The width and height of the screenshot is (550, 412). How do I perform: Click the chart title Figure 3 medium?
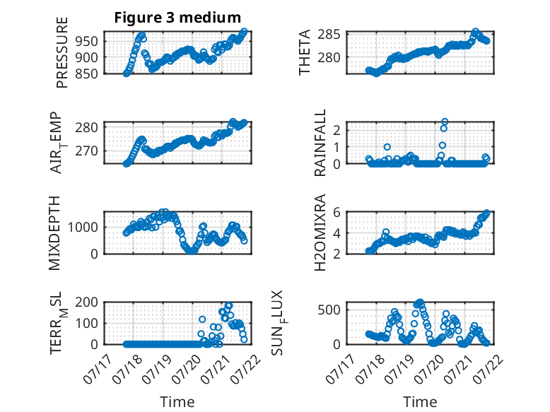tap(177, 18)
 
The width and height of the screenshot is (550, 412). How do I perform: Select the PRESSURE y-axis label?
tap(62, 52)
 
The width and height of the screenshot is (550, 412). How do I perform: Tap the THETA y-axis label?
tap(305, 52)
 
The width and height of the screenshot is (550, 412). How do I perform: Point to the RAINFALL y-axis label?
tap(320, 143)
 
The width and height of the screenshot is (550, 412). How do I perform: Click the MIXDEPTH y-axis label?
tap(54, 233)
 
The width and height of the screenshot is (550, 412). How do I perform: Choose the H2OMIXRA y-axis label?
tap(320, 233)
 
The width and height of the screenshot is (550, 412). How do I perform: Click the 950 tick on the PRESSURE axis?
tap(87, 42)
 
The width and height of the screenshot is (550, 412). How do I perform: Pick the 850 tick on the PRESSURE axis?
tap(87, 73)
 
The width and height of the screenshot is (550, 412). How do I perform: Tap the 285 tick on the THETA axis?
tap(329, 35)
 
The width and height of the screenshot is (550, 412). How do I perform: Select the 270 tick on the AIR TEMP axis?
tap(87, 151)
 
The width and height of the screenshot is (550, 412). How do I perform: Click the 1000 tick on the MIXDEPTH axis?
tap(83, 228)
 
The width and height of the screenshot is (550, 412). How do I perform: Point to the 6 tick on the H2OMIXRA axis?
tap(337, 212)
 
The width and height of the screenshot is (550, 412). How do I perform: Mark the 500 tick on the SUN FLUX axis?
tap(329, 310)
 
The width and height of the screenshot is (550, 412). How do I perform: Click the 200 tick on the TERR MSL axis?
tap(87, 302)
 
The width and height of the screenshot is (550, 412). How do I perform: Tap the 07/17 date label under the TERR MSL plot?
tap(97, 370)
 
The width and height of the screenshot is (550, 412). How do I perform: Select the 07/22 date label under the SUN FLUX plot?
tap(490, 370)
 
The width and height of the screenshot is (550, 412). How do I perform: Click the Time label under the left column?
tap(177, 402)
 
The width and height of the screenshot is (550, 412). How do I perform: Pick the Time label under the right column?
tap(420, 402)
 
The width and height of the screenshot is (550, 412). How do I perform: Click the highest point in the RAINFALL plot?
tap(445, 122)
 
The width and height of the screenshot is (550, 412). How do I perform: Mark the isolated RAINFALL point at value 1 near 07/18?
tap(387, 147)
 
